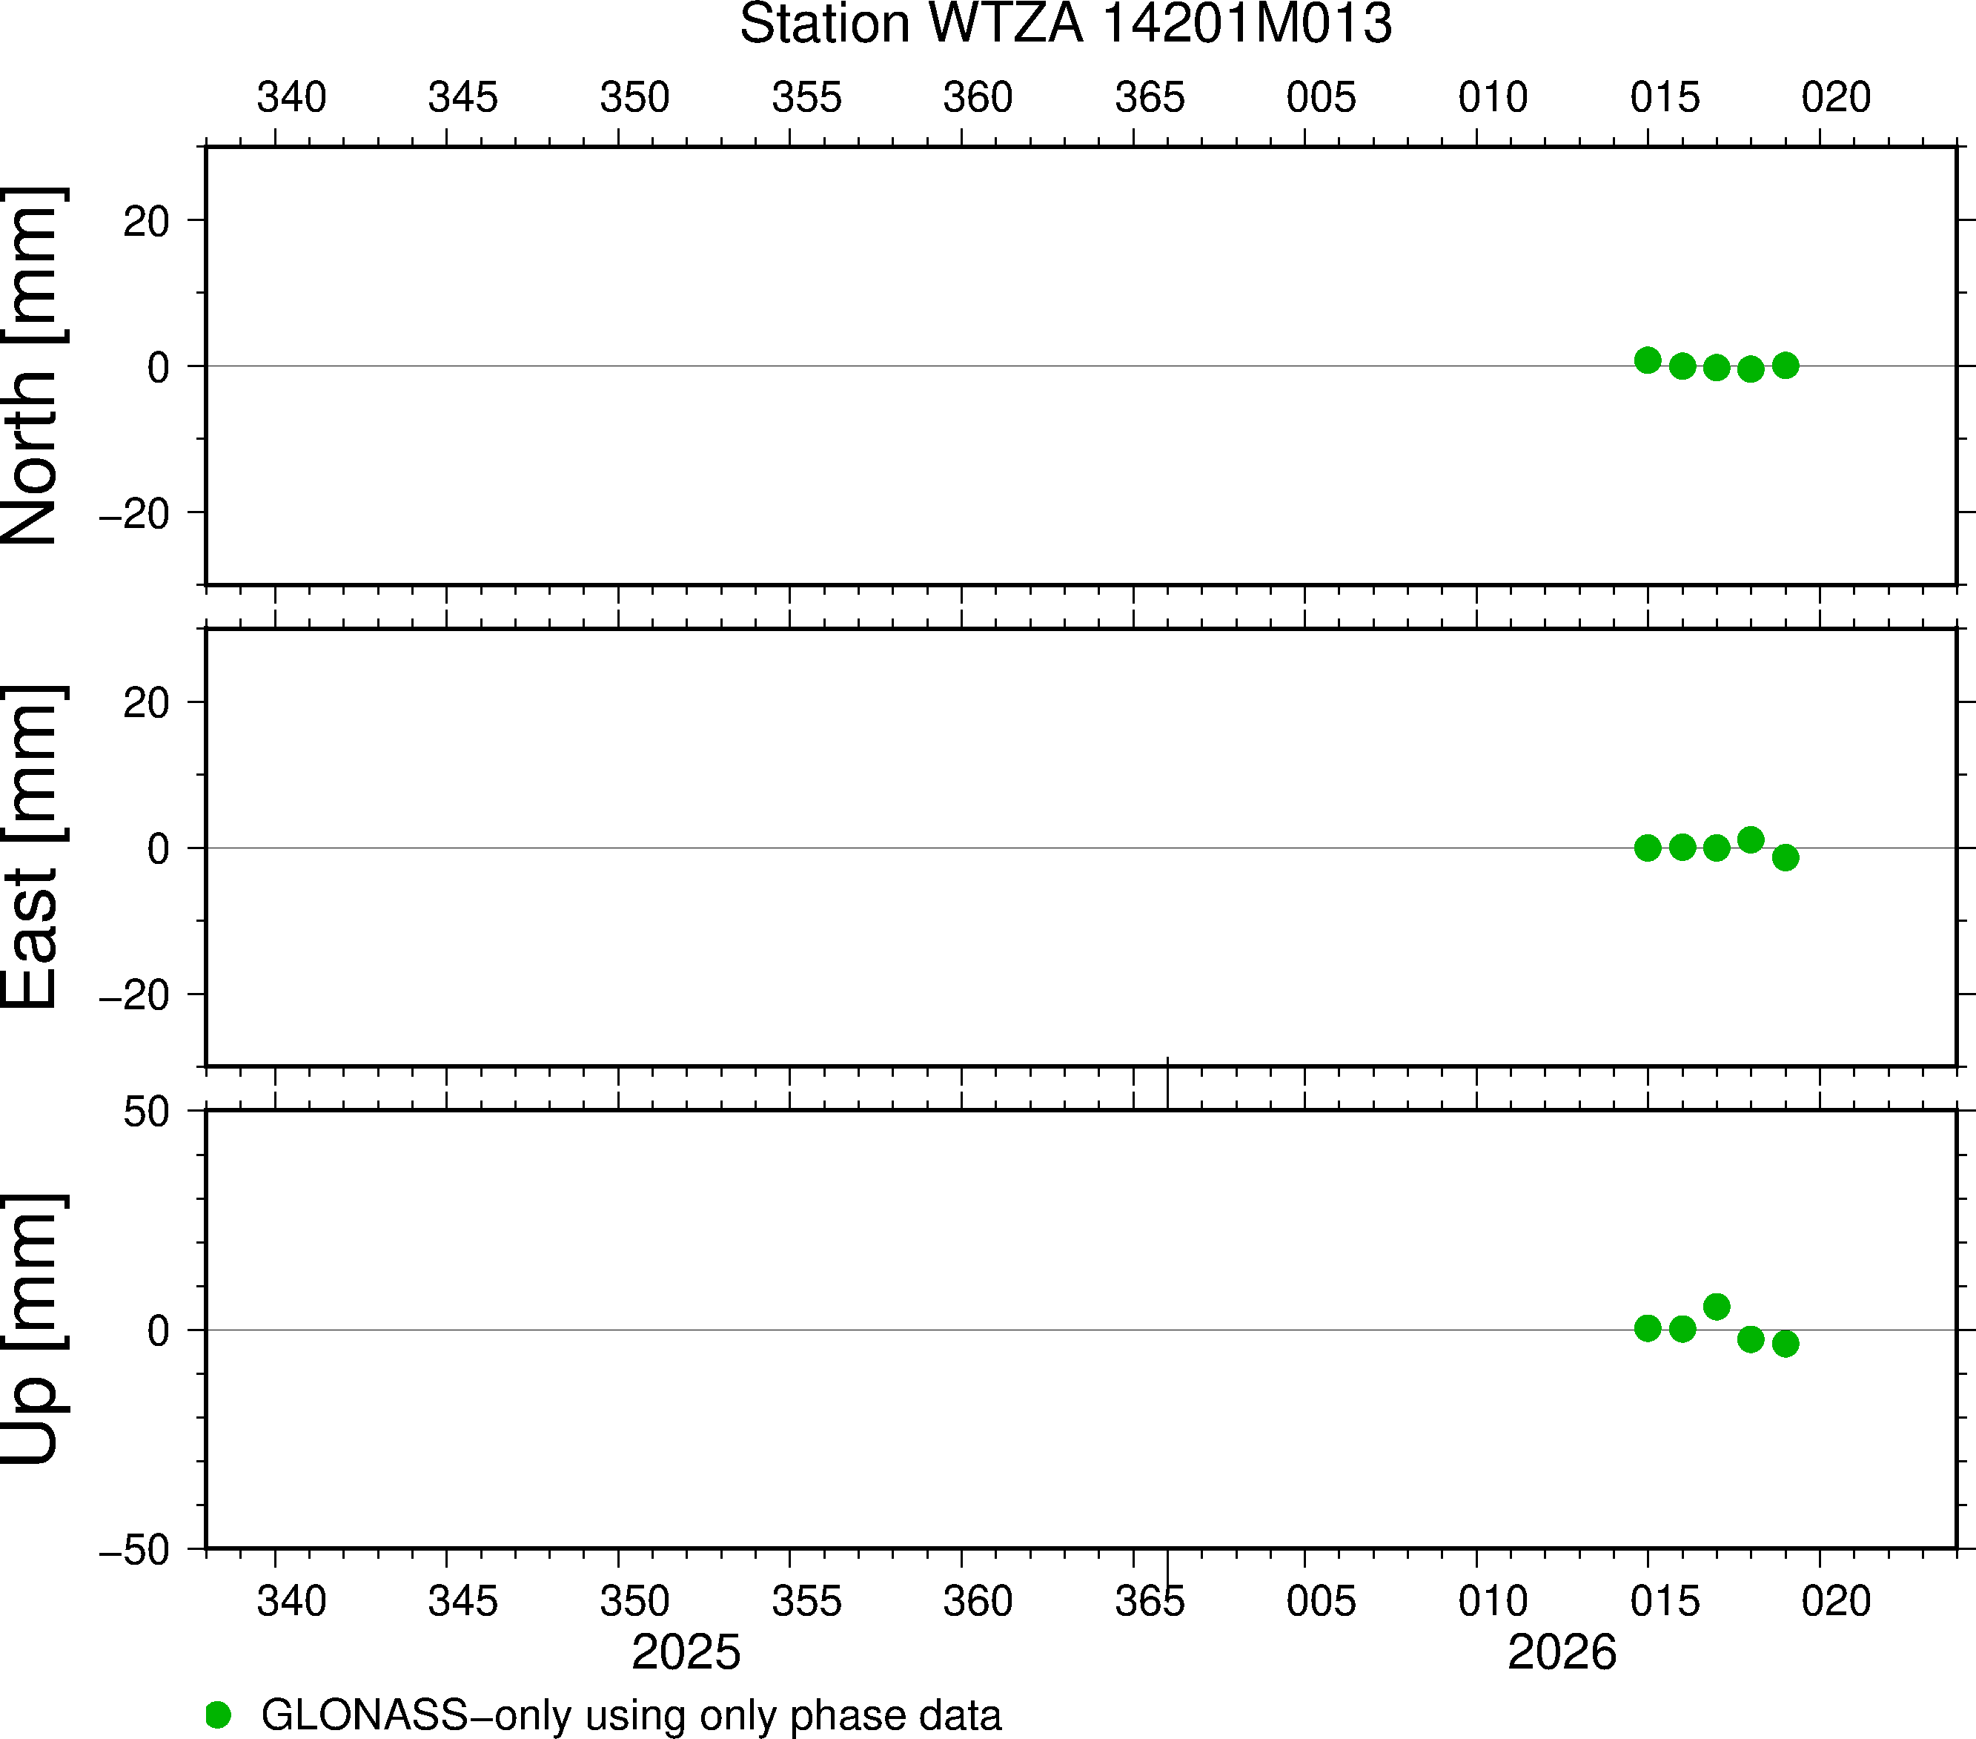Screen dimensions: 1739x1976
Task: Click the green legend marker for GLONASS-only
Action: click(x=219, y=1715)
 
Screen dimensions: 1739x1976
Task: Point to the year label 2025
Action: click(x=686, y=1651)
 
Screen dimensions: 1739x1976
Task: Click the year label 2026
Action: click(x=1561, y=1651)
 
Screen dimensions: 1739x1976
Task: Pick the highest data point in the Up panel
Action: click(x=1716, y=1307)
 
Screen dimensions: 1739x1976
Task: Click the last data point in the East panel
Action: click(x=1786, y=857)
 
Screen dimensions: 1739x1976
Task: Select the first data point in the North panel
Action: click(x=1648, y=360)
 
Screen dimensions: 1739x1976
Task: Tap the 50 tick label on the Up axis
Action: click(x=146, y=1113)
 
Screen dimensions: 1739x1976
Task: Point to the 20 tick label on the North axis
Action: click(x=146, y=222)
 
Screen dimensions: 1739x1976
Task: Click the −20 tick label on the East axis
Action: click(x=134, y=995)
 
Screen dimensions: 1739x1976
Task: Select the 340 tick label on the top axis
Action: click(x=291, y=98)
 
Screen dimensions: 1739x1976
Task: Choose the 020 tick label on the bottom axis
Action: click(x=1836, y=1600)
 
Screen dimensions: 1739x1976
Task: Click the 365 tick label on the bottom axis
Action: click(x=1150, y=1600)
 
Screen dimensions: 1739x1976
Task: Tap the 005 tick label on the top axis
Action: click(x=1321, y=98)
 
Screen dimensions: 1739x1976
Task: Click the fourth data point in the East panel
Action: click(x=1751, y=839)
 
